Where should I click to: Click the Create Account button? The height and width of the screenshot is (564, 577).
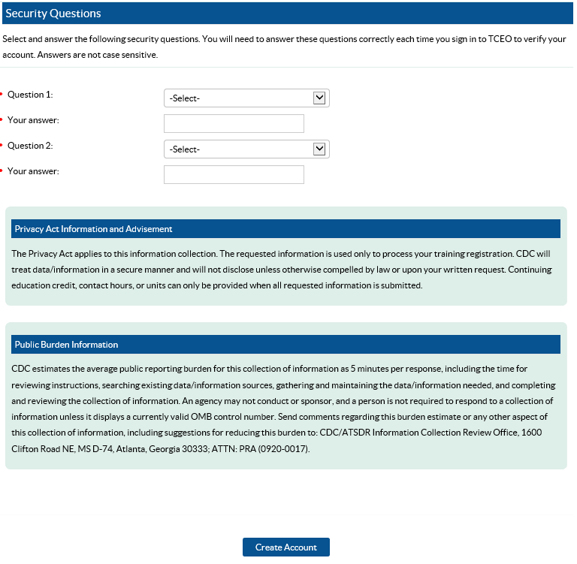tap(285, 547)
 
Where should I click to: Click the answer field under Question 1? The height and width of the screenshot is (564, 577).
tap(234, 124)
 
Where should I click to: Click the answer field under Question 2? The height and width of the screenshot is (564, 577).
tap(234, 175)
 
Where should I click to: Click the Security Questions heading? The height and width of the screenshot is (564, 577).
tap(53, 14)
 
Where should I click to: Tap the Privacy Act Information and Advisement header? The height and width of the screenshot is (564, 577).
tap(93, 229)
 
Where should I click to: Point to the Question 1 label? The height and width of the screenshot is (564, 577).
tap(30, 95)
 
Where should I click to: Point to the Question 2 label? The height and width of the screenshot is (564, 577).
tap(30, 146)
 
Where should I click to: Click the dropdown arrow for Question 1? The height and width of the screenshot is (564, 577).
tap(319, 98)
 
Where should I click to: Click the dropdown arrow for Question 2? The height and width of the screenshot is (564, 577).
tap(319, 149)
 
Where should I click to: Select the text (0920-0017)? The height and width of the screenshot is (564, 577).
tap(282, 449)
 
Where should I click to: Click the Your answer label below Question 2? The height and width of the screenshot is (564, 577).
tap(33, 171)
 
